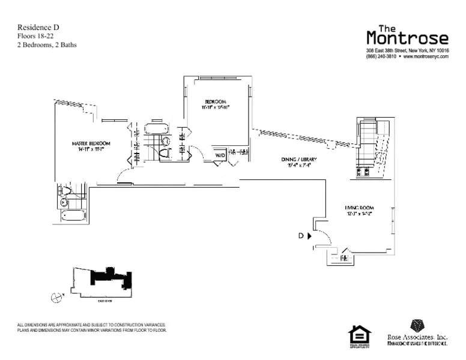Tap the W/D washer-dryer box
pyautogui.click(x=220, y=155)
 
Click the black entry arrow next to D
pyautogui.click(x=309, y=236)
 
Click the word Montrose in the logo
pyautogui.click(x=407, y=39)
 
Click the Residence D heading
pyautogui.click(x=38, y=27)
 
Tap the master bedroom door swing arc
pyautogui.click(x=123, y=175)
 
